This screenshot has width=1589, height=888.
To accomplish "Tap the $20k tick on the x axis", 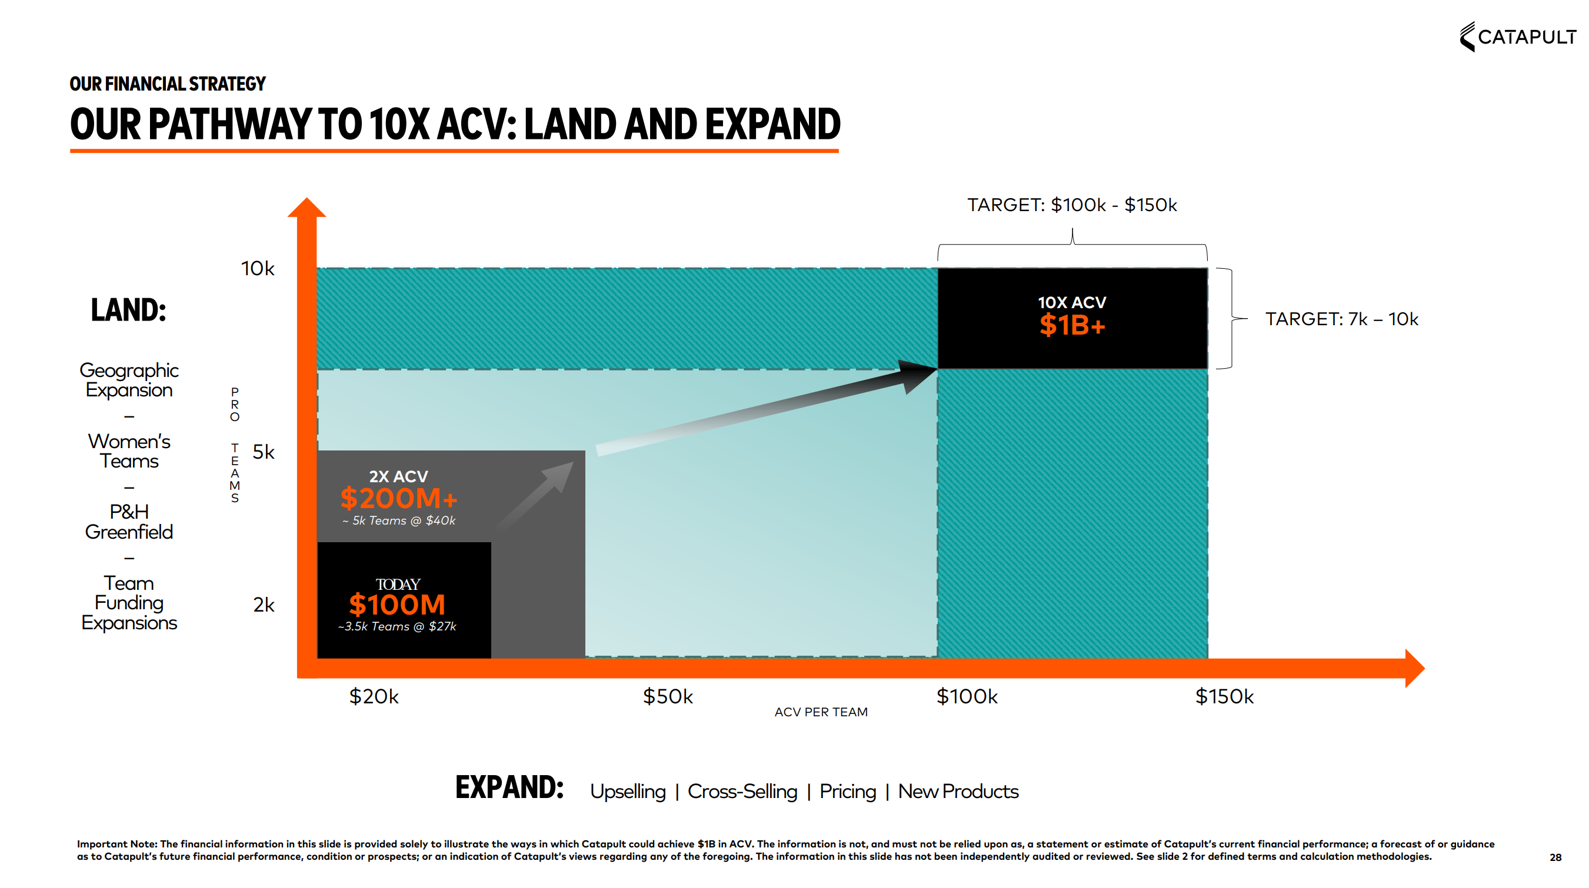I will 374,696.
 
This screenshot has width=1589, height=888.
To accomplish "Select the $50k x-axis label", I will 668,696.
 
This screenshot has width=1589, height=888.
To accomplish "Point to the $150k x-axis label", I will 1224,696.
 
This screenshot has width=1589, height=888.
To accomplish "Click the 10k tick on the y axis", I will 257,268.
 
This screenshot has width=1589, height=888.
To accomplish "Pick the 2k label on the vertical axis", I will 264,605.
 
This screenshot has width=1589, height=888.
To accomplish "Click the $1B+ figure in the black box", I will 1072,325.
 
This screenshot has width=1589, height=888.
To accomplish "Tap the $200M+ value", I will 398,498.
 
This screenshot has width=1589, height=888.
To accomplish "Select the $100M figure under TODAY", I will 397,605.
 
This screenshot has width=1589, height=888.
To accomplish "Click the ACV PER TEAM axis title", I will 821,712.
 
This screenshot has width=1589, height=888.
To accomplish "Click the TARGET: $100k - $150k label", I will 1071,205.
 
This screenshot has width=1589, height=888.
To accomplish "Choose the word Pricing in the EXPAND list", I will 847,791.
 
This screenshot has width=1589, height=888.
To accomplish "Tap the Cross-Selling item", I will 742,791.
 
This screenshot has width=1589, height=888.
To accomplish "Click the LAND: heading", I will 128,309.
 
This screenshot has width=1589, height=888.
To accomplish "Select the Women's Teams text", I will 129,451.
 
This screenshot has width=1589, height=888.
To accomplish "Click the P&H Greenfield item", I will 129,522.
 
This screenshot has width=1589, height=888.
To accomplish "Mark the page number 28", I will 1555,857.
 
